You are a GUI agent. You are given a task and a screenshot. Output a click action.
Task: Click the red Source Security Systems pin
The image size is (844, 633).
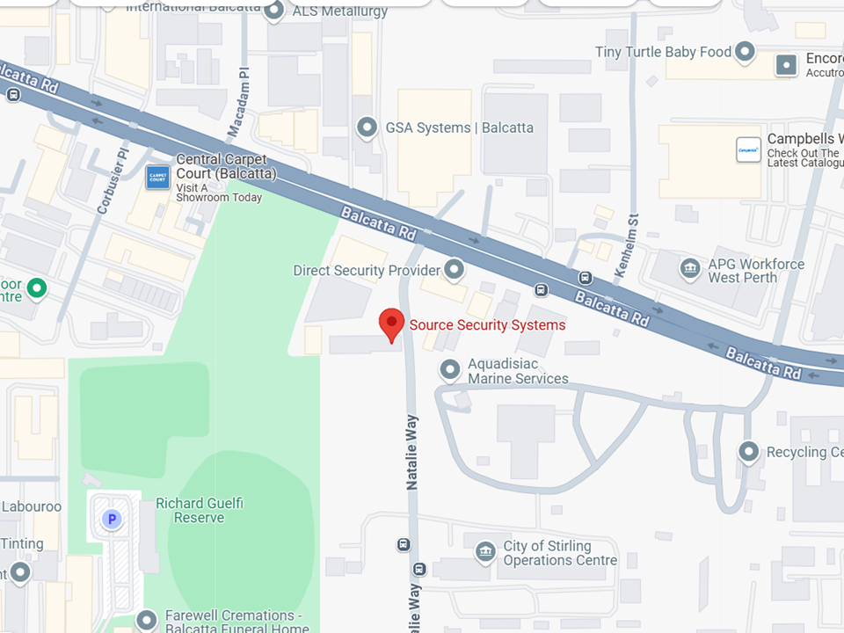(x=391, y=324)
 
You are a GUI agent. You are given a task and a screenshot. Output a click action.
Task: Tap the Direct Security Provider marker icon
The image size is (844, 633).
(x=455, y=269)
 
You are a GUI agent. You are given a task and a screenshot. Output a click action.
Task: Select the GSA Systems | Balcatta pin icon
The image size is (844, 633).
(x=367, y=127)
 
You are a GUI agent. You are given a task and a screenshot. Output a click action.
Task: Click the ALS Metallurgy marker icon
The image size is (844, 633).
(x=274, y=10)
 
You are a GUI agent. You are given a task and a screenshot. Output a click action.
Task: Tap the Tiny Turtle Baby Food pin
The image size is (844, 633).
(x=746, y=52)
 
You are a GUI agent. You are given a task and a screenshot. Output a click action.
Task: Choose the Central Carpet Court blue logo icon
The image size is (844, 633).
(x=157, y=177)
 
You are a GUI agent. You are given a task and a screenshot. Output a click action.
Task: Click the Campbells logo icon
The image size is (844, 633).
(x=748, y=149)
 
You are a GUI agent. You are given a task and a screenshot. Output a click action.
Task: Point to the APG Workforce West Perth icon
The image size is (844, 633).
(x=691, y=267)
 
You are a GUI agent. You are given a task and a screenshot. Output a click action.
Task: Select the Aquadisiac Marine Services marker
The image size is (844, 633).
(x=450, y=369)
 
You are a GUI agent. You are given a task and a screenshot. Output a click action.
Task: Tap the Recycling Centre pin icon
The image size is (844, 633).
(x=748, y=452)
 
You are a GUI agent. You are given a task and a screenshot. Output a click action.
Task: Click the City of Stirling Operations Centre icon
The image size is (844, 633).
(x=484, y=552)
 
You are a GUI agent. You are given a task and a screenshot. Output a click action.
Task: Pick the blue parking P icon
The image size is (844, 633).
(x=112, y=520)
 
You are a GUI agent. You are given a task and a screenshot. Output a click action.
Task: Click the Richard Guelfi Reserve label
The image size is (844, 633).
(x=200, y=511)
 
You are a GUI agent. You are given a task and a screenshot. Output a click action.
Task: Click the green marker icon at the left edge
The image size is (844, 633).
(x=36, y=287)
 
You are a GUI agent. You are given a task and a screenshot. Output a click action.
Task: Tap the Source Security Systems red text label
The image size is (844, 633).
(x=488, y=325)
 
